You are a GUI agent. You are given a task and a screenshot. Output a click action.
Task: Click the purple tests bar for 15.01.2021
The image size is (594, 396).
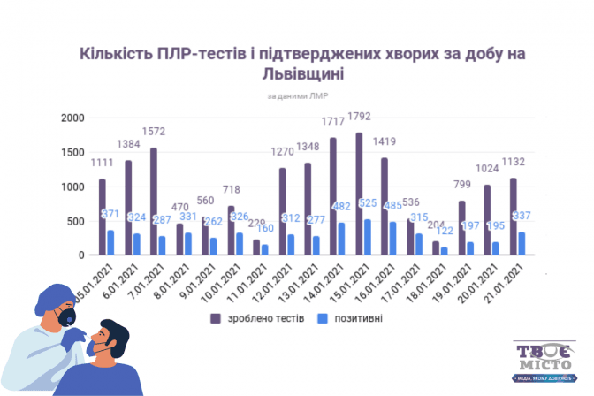(x=358, y=194)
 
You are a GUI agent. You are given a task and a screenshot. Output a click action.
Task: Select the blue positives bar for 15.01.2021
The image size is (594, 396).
(x=368, y=238)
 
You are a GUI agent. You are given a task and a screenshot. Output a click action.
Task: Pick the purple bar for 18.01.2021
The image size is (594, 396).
(x=435, y=248)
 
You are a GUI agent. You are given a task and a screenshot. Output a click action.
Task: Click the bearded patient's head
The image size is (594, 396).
(x=112, y=337)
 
